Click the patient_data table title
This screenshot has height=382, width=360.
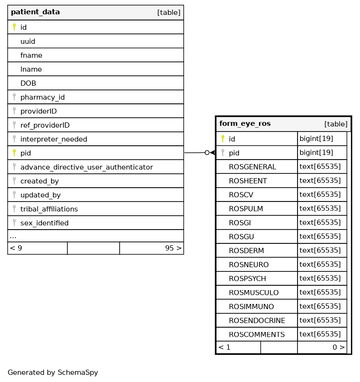click(x=35, y=12)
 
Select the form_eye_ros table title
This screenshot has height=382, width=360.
click(x=245, y=124)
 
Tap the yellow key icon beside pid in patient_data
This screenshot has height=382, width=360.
click(x=14, y=153)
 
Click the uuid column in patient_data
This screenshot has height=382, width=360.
click(x=28, y=41)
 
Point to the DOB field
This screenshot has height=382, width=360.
click(x=28, y=83)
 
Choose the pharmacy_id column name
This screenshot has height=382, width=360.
click(x=42, y=97)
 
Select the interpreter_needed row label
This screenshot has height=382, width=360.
click(x=53, y=139)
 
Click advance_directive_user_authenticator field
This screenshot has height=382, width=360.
click(x=86, y=167)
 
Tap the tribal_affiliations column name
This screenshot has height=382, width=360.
click(x=49, y=209)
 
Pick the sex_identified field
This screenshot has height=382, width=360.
click(x=44, y=223)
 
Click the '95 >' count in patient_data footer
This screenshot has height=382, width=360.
click(x=173, y=248)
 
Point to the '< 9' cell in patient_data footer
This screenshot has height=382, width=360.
click(x=16, y=248)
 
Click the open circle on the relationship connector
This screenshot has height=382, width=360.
click(x=207, y=152)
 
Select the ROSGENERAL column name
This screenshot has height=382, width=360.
click(x=252, y=167)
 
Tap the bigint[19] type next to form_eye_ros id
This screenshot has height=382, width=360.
click(x=316, y=139)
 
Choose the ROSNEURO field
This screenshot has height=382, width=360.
click(x=248, y=264)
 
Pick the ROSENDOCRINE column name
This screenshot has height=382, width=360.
click(x=257, y=321)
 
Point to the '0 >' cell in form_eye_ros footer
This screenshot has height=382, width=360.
click(x=339, y=347)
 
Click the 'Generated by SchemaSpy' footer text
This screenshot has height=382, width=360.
click(x=52, y=372)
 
